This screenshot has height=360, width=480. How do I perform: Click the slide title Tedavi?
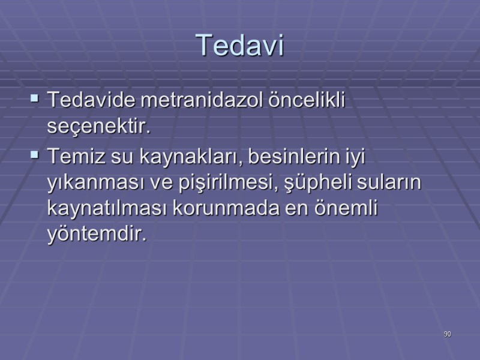[239, 46]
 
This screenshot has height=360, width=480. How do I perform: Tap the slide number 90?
[447, 334]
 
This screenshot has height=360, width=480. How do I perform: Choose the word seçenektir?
[97, 127]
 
